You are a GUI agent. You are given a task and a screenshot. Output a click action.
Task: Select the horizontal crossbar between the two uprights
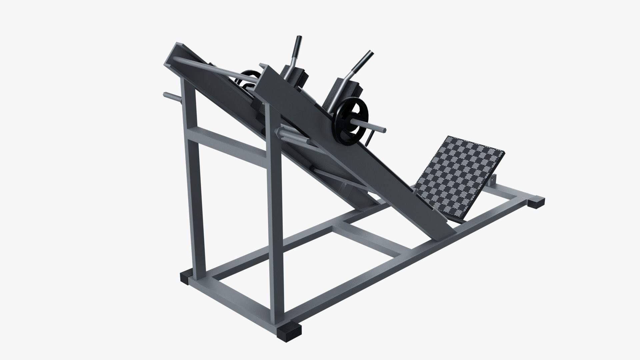pos(230,142)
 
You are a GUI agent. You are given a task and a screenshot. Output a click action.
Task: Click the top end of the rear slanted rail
pos(177,53)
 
